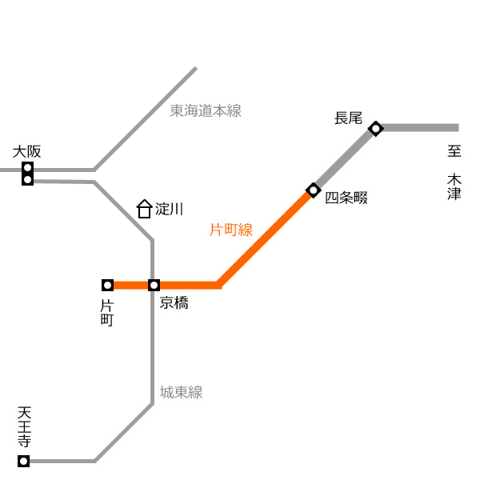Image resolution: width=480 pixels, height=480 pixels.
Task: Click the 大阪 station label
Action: click(26, 152)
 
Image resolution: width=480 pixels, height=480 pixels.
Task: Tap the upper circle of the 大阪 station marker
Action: click(27, 168)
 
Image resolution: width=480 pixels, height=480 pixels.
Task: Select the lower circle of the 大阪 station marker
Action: click(27, 179)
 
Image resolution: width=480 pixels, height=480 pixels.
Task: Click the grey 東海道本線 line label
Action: click(206, 110)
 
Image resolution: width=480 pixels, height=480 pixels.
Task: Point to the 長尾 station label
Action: click(348, 118)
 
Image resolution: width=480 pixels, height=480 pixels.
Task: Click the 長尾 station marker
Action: click(376, 129)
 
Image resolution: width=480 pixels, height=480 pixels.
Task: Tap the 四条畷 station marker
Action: click(313, 190)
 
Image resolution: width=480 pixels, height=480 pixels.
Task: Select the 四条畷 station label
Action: click(346, 198)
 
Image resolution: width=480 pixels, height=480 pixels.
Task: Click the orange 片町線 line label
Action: click(231, 230)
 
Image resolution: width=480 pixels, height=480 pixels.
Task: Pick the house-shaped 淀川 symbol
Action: click(144, 209)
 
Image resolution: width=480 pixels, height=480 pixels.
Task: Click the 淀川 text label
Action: click(170, 209)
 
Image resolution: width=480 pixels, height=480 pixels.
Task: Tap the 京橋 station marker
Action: click(154, 286)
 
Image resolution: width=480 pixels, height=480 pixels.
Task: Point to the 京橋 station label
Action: click(174, 302)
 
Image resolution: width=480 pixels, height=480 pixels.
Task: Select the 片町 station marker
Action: click(107, 286)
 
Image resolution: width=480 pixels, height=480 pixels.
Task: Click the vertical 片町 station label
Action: click(107, 313)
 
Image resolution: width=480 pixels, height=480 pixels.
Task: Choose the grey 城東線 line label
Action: click(182, 392)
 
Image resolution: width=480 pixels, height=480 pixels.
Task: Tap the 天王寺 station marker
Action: click(23, 461)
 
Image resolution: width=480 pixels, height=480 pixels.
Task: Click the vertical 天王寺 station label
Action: click(24, 426)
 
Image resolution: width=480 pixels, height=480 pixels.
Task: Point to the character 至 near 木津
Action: click(454, 151)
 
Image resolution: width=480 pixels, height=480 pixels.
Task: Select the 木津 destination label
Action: click(454, 186)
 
